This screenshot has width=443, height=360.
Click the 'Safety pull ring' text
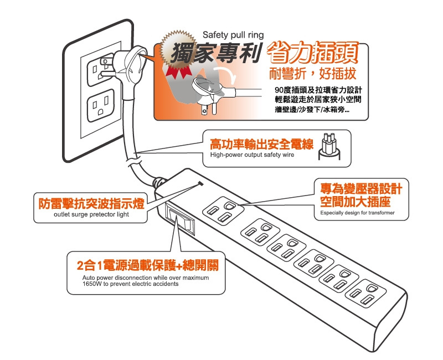click(x=233, y=35)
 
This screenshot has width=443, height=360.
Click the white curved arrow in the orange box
click(x=225, y=74)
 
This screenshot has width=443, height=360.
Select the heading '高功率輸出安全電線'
click(x=261, y=144)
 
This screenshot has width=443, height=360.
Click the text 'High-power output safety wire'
click(x=252, y=155)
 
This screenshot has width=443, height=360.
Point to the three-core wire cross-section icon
click(x=329, y=146)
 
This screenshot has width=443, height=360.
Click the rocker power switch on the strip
click(x=181, y=220)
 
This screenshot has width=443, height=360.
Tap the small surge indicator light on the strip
click(x=201, y=183)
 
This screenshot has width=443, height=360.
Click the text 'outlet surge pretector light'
click(x=91, y=214)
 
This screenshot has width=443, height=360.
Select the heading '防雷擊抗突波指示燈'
click(x=91, y=203)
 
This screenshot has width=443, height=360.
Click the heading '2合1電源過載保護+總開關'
click(x=148, y=265)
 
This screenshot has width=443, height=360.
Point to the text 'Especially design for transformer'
click(x=357, y=213)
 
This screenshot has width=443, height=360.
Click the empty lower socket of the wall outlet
click(x=101, y=105)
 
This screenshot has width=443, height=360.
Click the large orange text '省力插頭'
click(x=312, y=53)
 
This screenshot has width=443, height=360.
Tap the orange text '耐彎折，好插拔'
click(x=312, y=74)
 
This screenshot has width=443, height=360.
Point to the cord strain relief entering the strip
click(x=159, y=182)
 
